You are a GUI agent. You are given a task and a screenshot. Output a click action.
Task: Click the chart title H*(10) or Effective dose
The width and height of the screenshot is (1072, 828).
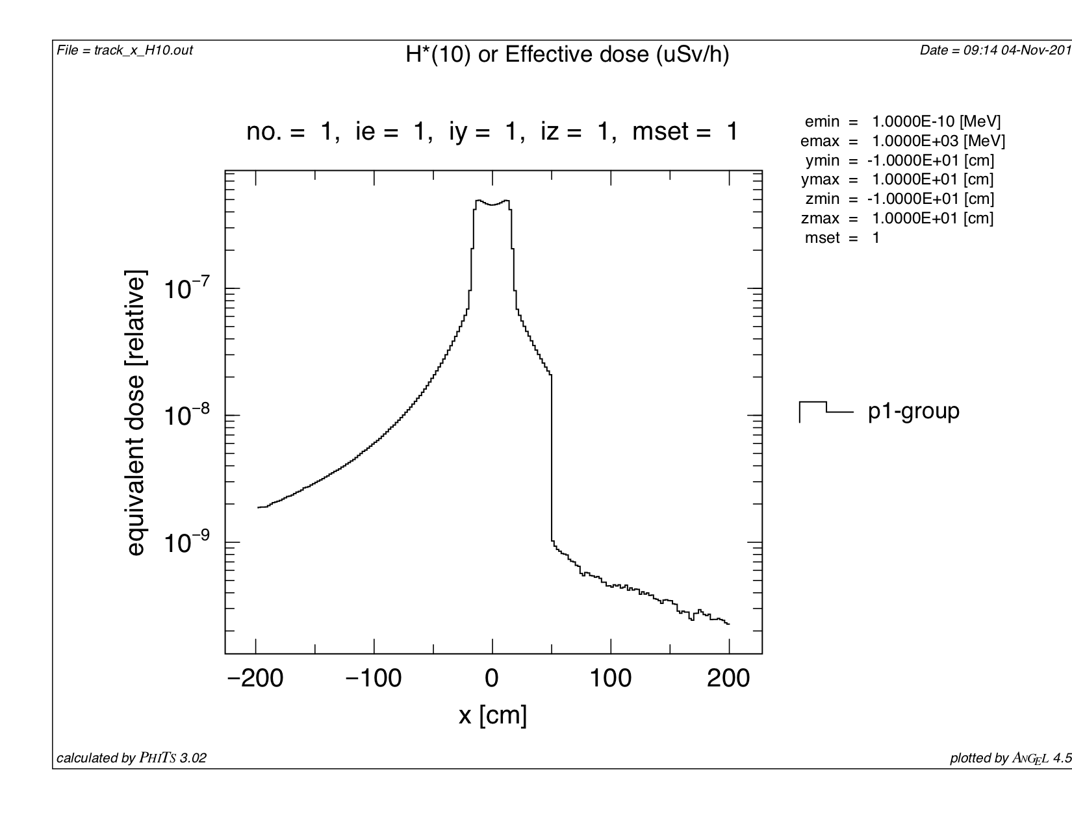click(x=567, y=55)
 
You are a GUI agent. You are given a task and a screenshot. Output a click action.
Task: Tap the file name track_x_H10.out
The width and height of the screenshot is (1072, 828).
click(x=125, y=50)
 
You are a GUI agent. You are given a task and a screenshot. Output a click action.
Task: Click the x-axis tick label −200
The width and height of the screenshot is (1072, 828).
click(x=255, y=679)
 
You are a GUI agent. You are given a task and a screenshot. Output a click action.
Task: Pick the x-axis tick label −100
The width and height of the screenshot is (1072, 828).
click(x=374, y=679)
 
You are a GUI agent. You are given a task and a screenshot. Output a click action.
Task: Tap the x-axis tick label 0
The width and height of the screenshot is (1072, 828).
click(x=492, y=679)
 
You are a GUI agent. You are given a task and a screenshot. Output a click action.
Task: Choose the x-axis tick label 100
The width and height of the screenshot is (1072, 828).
click(x=611, y=679)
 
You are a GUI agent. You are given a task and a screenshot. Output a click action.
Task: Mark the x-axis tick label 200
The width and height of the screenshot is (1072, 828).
click(x=728, y=679)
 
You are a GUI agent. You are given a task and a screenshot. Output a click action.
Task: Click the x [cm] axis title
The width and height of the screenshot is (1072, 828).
click(x=492, y=715)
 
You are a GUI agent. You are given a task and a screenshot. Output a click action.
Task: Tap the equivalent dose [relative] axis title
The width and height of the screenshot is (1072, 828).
click(x=135, y=412)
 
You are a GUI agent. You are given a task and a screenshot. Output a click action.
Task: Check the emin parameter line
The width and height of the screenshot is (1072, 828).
click(x=902, y=121)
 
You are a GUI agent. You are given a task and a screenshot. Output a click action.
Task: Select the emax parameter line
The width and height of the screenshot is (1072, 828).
click(x=902, y=141)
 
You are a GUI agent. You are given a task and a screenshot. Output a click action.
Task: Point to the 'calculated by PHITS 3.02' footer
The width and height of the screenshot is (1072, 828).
click(x=132, y=758)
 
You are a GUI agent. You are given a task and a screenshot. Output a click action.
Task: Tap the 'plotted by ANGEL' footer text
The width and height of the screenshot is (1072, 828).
click(x=1010, y=758)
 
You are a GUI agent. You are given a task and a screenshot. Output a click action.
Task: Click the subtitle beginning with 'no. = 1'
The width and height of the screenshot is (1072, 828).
click(x=492, y=132)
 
